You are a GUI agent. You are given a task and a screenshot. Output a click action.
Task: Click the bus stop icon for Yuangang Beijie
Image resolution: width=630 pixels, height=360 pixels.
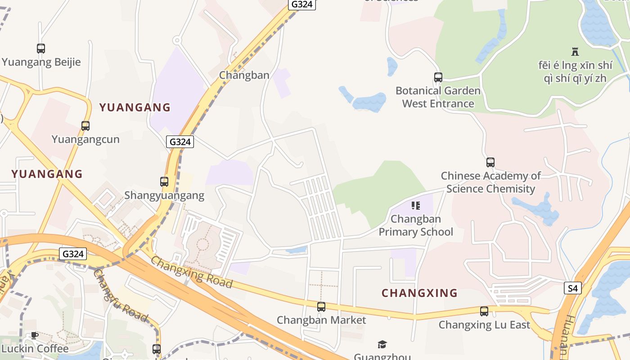(x=41, y=48)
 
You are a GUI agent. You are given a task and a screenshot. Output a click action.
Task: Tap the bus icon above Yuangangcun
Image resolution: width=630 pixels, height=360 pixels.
(x=85, y=126)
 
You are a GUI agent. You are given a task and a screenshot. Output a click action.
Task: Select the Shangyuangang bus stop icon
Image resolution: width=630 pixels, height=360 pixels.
(x=164, y=182)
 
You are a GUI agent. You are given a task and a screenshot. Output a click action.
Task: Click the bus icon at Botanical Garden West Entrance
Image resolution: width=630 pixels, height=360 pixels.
(x=438, y=77)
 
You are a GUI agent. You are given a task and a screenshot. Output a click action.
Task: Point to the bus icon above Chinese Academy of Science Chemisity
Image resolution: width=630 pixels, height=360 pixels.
(x=490, y=162)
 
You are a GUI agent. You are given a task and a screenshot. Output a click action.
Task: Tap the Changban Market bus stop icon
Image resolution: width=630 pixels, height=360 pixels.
(x=321, y=307)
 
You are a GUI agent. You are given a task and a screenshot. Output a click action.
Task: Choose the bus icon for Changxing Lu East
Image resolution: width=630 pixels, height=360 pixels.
(x=484, y=311)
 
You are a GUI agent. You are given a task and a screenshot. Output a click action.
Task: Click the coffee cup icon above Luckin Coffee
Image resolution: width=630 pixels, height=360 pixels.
(x=34, y=335)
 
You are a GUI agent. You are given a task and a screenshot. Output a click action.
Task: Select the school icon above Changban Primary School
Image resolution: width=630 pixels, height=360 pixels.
(x=416, y=206)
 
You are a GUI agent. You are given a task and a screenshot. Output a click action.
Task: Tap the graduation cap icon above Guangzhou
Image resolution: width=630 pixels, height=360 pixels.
(x=382, y=345)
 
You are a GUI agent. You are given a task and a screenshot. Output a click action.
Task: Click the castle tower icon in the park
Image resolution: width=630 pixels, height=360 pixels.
(x=575, y=51)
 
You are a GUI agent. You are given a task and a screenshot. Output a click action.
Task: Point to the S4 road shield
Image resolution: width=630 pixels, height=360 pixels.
(x=572, y=288)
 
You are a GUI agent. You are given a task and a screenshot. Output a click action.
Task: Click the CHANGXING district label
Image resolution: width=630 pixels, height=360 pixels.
(x=419, y=293)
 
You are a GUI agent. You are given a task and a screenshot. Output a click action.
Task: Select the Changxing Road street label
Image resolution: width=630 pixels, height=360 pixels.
(x=192, y=272)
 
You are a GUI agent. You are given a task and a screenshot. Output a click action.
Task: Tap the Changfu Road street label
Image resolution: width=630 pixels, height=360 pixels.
(x=121, y=296)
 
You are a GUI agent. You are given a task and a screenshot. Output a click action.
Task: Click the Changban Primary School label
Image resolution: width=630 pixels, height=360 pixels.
(x=416, y=225)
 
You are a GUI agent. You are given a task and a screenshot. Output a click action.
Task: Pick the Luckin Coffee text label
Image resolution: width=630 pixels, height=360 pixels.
(x=35, y=348)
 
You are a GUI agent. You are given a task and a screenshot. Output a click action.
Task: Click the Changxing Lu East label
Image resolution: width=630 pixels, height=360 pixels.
(x=484, y=324)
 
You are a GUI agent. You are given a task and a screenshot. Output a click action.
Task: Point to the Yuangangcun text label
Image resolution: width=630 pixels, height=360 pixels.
(x=85, y=139)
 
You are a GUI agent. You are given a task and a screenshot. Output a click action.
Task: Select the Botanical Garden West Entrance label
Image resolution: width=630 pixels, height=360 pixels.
(x=438, y=97)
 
